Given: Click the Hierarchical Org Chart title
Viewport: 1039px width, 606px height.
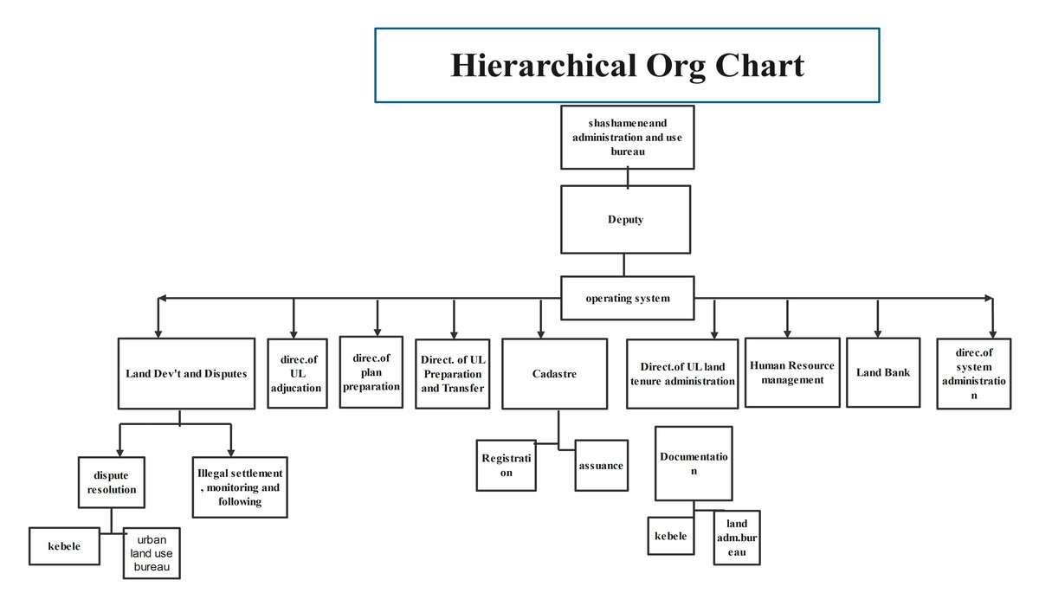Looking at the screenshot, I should click(x=627, y=66).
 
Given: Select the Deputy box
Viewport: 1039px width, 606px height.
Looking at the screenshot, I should click(x=625, y=219).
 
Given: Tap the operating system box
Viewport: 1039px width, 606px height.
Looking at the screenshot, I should click(x=627, y=299).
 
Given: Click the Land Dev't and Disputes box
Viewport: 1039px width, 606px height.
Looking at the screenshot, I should click(x=186, y=373).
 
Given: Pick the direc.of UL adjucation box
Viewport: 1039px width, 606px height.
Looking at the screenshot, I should click(x=296, y=373).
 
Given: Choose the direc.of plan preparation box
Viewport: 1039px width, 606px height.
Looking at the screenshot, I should click(x=371, y=372).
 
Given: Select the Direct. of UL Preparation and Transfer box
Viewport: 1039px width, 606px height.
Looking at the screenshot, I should click(x=452, y=373).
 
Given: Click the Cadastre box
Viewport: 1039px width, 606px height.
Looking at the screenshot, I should click(x=554, y=373).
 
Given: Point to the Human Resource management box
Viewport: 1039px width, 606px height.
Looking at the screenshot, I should click(x=792, y=372).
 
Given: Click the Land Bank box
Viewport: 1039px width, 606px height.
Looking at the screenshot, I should click(x=883, y=372).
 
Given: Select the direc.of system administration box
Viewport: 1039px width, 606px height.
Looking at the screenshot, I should click(x=973, y=374).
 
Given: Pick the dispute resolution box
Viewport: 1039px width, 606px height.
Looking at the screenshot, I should click(x=112, y=482).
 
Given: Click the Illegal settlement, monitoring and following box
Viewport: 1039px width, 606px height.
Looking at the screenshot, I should click(x=239, y=487).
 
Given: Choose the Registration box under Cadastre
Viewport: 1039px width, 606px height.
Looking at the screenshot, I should click(x=506, y=465).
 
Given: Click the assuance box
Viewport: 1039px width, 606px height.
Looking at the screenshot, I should click(x=602, y=465).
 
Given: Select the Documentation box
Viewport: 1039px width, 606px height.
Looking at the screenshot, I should click(x=694, y=463).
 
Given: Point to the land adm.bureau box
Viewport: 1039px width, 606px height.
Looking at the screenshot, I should click(x=737, y=538).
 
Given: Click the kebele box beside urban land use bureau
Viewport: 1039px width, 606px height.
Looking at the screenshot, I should click(x=64, y=546).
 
